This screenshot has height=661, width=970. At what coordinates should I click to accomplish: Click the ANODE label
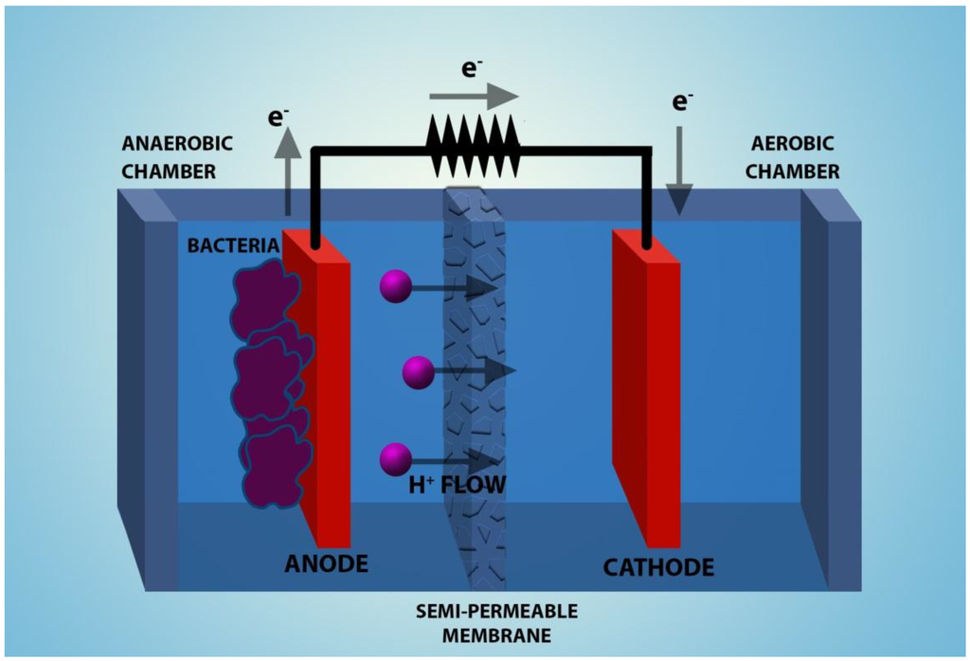(x=326, y=564)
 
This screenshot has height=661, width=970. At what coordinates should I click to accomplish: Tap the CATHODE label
(x=658, y=567)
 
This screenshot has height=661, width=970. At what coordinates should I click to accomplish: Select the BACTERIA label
(x=232, y=246)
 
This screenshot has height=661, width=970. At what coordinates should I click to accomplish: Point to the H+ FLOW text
(x=457, y=486)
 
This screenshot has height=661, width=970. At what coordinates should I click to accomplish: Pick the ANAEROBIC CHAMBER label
(x=177, y=157)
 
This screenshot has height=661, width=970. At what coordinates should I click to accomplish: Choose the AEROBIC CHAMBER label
(x=794, y=157)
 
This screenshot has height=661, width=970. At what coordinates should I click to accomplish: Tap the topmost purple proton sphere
(x=394, y=286)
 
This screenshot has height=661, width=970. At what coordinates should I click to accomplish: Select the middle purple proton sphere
(x=418, y=372)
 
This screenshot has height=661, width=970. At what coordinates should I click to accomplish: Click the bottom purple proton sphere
(x=394, y=460)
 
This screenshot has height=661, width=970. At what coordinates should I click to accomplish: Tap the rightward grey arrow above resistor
(x=474, y=96)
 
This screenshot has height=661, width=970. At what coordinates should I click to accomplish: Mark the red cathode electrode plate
(x=648, y=388)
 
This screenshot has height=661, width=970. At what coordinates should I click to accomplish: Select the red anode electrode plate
(x=320, y=398)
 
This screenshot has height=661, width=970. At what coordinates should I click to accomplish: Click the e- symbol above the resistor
(x=471, y=68)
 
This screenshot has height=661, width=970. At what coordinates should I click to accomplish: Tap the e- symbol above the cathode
(x=681, y=100)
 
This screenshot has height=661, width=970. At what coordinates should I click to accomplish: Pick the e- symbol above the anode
(x=278, y=117)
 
